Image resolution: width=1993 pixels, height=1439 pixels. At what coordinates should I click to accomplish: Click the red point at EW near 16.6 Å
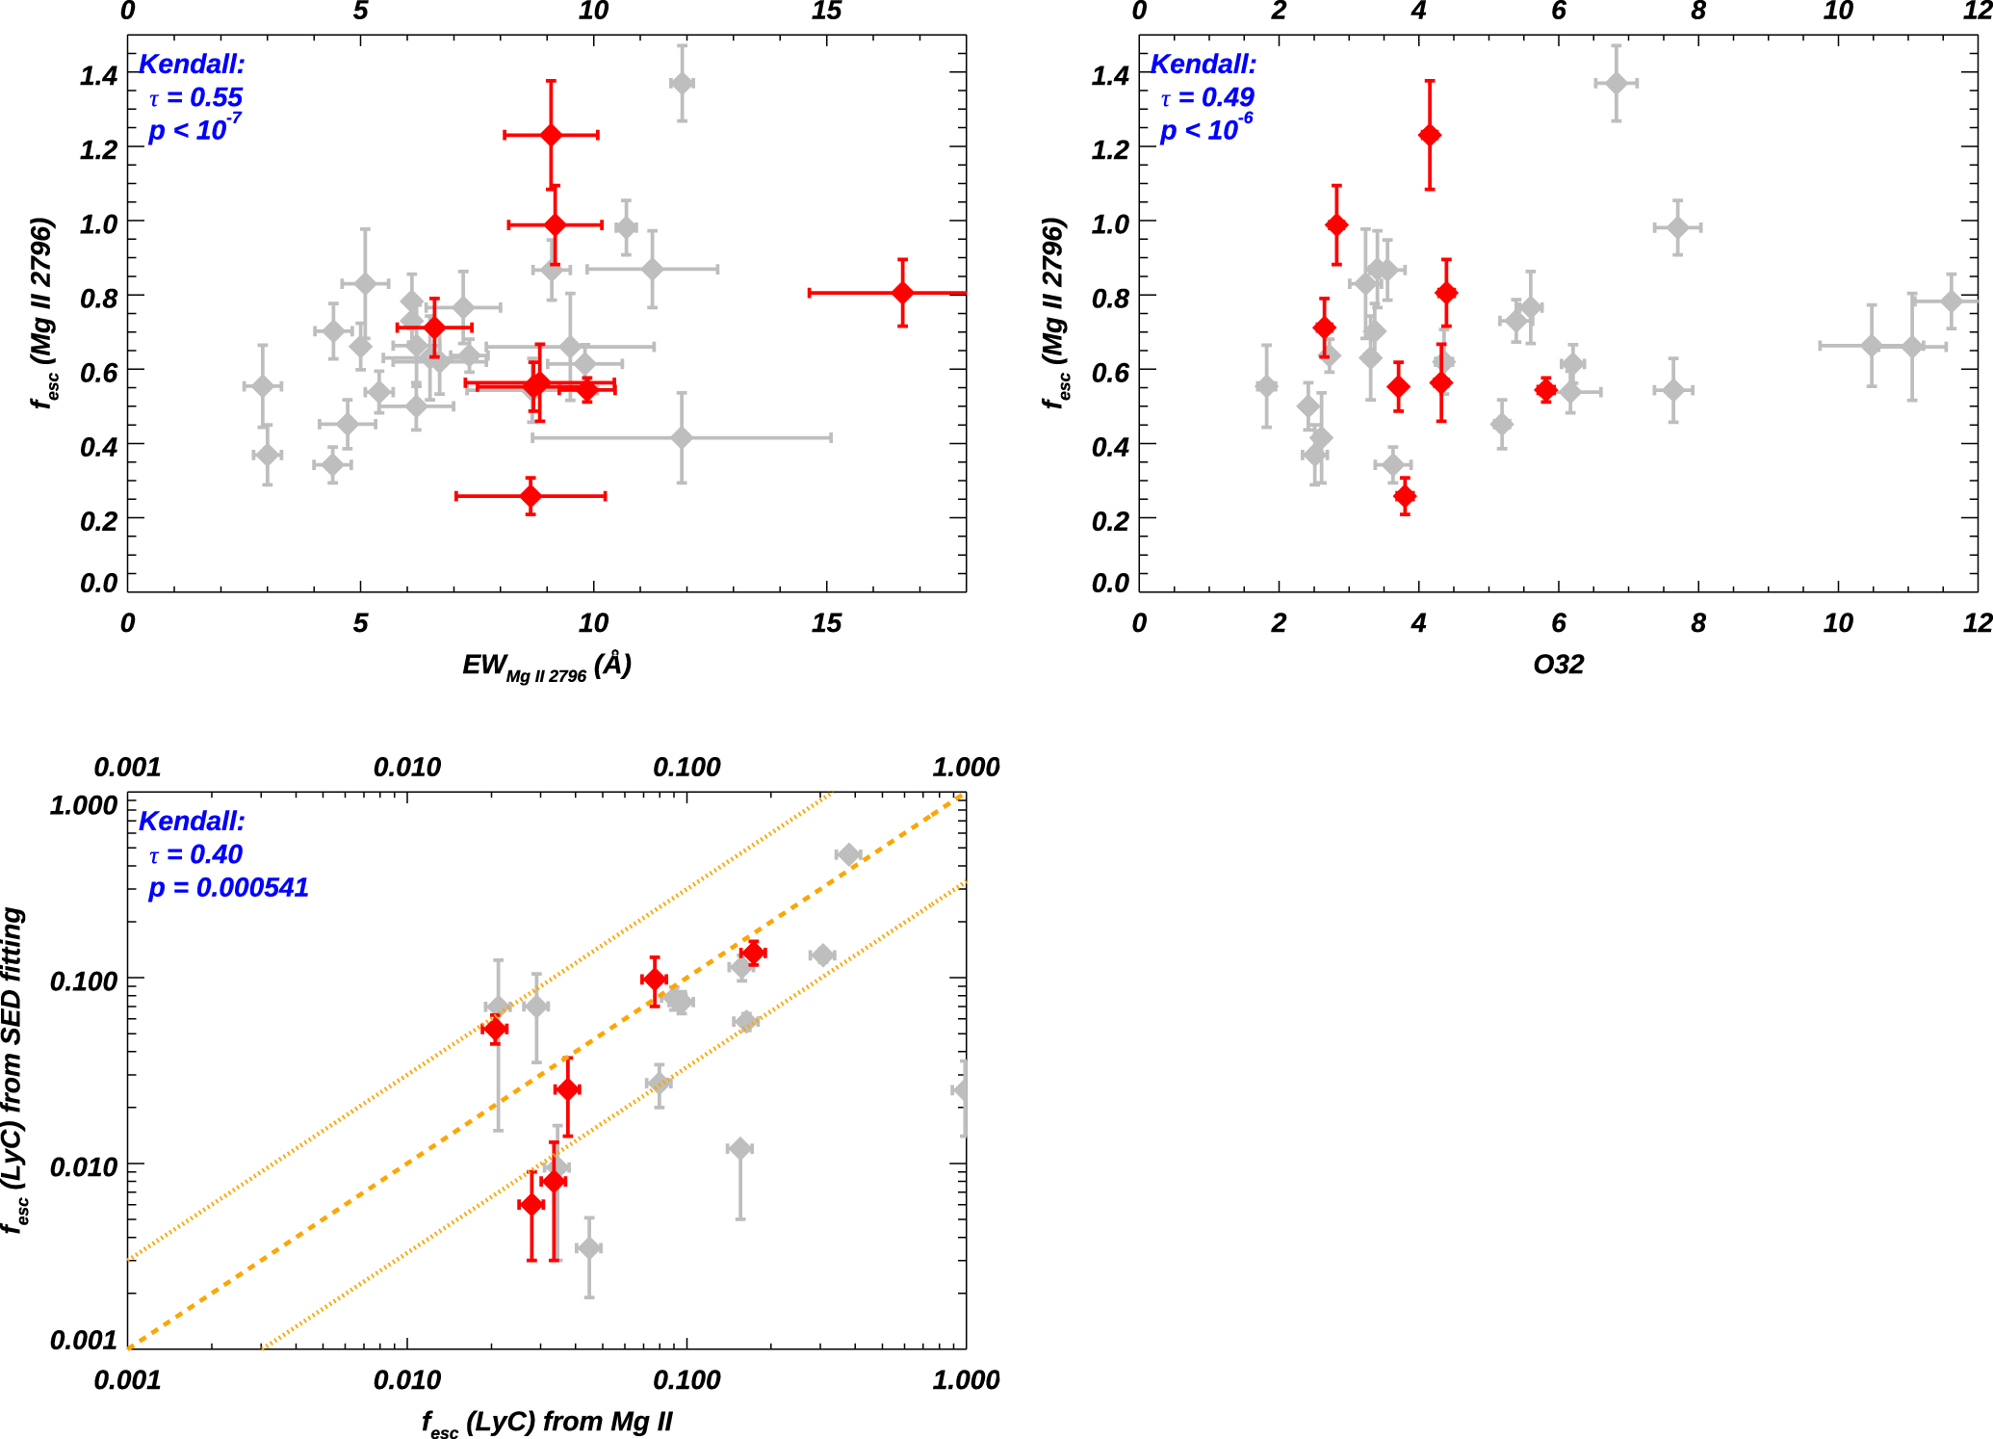pos(902,293)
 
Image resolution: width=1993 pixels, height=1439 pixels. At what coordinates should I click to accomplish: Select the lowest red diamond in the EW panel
pos(531,496)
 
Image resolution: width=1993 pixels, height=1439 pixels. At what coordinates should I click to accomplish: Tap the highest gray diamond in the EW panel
pos(682,84)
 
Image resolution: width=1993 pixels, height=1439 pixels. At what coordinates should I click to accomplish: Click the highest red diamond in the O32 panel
pos(1430,135)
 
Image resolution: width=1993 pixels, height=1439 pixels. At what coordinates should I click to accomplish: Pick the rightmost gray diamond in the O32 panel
pos(1952,301)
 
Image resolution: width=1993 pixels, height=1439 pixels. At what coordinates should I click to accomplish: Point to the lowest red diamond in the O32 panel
pos(1405,497)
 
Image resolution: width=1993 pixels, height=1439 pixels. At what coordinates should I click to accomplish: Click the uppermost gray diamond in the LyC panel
pos(848,854)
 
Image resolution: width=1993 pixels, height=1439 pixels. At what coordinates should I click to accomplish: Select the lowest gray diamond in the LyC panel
pos(589,1247)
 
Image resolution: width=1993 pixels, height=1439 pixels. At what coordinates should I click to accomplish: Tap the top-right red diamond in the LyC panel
pos(753,954)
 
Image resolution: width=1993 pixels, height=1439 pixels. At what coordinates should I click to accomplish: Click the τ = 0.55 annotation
pos(195,97)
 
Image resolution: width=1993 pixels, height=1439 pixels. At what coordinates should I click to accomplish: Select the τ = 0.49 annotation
pos(1207,97)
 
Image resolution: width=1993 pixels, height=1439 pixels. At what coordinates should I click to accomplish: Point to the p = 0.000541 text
pos(228,887)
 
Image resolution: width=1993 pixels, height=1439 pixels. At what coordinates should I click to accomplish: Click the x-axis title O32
pos(1558,665)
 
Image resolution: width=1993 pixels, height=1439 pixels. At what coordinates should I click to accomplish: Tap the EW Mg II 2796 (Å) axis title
pos(546,666)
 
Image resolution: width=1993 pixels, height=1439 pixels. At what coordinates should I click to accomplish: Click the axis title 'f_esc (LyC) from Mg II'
pos(546,1422)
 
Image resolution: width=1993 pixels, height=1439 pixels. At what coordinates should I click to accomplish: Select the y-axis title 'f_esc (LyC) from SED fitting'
pos(13,1069)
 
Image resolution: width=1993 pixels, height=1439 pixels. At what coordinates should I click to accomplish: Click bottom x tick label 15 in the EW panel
pos(826,623)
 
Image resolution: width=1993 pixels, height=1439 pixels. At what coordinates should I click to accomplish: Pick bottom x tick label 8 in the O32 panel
pos(1698,623)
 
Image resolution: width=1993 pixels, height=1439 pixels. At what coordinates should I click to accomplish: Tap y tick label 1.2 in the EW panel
pos(98,149)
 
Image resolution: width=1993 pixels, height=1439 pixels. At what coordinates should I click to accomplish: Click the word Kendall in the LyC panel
pos(192,821)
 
